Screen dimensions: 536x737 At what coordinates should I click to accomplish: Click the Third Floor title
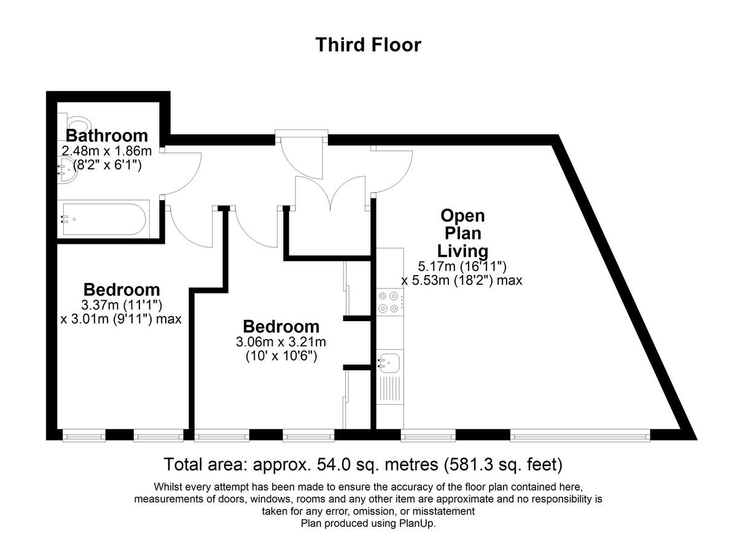pos(368,45)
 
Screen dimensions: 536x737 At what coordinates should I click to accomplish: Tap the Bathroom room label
pos(107,136)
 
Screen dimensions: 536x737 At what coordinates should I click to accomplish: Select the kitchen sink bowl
pos(389,362)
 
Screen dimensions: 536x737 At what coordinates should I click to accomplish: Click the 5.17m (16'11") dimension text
pos(461,266)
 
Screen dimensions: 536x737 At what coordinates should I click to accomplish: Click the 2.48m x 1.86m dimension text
pos(106,150)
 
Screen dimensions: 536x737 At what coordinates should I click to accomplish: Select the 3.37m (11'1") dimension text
pos(121,305)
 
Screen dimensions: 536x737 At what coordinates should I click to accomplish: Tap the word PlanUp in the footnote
pos(418,524)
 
